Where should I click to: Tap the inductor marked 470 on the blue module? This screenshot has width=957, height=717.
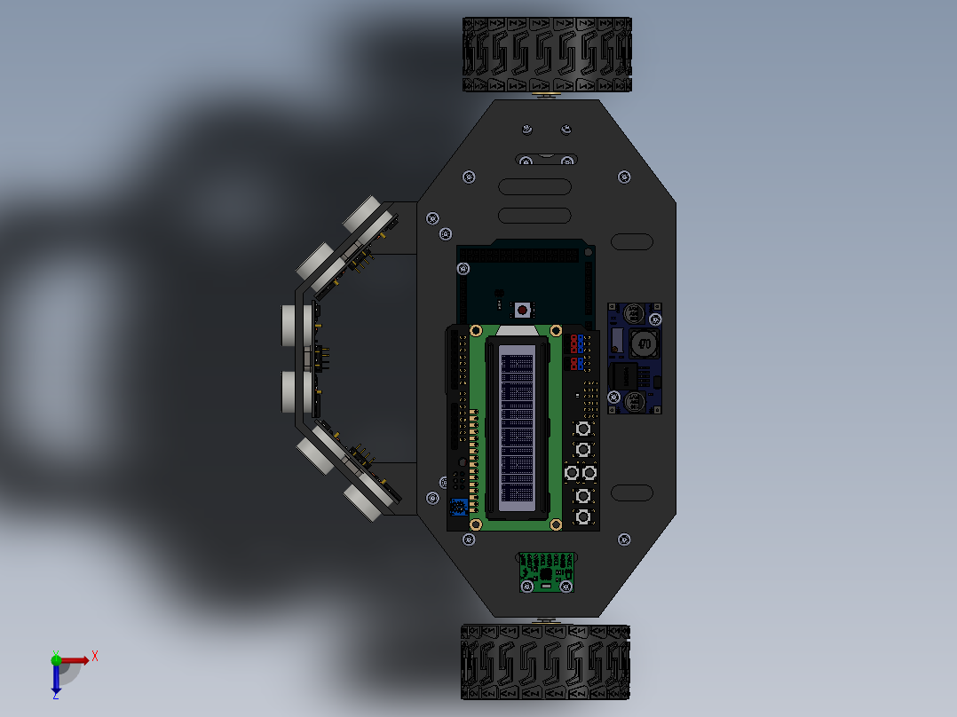645,343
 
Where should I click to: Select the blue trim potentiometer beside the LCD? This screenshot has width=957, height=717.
458,508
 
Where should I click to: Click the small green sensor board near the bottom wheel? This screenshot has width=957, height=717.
546,572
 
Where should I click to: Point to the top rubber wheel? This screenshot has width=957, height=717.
547,54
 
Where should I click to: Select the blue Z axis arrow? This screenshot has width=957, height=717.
56,680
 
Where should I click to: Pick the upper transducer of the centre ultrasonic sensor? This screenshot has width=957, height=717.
296,326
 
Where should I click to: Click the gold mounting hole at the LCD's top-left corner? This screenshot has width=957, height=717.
475,331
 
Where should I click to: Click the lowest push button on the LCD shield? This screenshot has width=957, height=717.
583,516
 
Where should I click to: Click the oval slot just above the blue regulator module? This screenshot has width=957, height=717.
632,241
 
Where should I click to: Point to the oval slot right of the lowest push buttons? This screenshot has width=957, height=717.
632,493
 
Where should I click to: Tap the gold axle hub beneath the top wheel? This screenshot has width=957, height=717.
547,95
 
